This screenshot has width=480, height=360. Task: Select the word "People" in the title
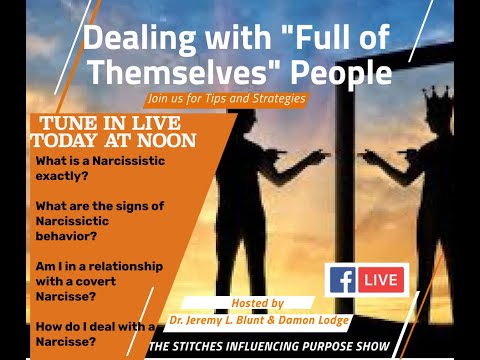click(x=337, y=74)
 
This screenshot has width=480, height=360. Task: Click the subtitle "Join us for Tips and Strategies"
click(x=225, y=98)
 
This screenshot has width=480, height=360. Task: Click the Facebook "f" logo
click(x=341, y=279)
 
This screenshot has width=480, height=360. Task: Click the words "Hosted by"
click(x=257, y=302)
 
